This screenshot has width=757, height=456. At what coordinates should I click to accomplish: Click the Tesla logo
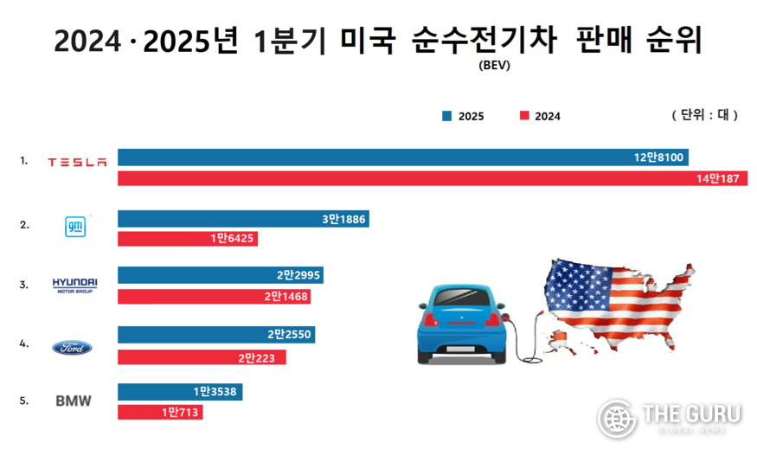click(x=77, y=162)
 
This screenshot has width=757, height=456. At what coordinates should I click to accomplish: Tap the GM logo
click(x=75, y=226)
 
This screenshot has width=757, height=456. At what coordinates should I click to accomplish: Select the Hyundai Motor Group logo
click(x=75, y=285)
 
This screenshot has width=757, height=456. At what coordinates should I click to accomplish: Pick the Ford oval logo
click(x=72, y=348)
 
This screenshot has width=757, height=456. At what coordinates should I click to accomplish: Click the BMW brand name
click(x=73, y=401)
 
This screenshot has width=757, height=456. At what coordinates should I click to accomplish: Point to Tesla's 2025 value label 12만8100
click(x=659, y=157)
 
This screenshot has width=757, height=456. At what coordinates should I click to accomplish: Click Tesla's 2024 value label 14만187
click(x=720, y=178)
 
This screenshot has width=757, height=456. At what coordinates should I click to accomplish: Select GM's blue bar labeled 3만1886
click(x=243, y=219)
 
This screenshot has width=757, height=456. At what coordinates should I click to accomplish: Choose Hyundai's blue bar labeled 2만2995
click(x=221, y=275)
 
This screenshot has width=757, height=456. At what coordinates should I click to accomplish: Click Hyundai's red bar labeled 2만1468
click(x=214, y=297)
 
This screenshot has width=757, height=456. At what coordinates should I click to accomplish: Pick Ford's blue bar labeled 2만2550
click(x=216, y=335)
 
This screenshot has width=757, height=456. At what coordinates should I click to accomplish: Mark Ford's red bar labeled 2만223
click(x=202, y=356)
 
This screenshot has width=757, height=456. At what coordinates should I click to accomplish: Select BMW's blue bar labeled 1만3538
click(x=180, y=392)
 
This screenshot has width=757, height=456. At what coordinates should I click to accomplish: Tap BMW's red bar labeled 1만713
click(x=160, y=413)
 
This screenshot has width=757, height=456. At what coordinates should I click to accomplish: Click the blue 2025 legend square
click(x=447, y=116)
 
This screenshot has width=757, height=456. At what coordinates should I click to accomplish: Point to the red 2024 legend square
click(x=523, y=116)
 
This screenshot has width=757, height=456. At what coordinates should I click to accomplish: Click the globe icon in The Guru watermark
click(x=617, y=420)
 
